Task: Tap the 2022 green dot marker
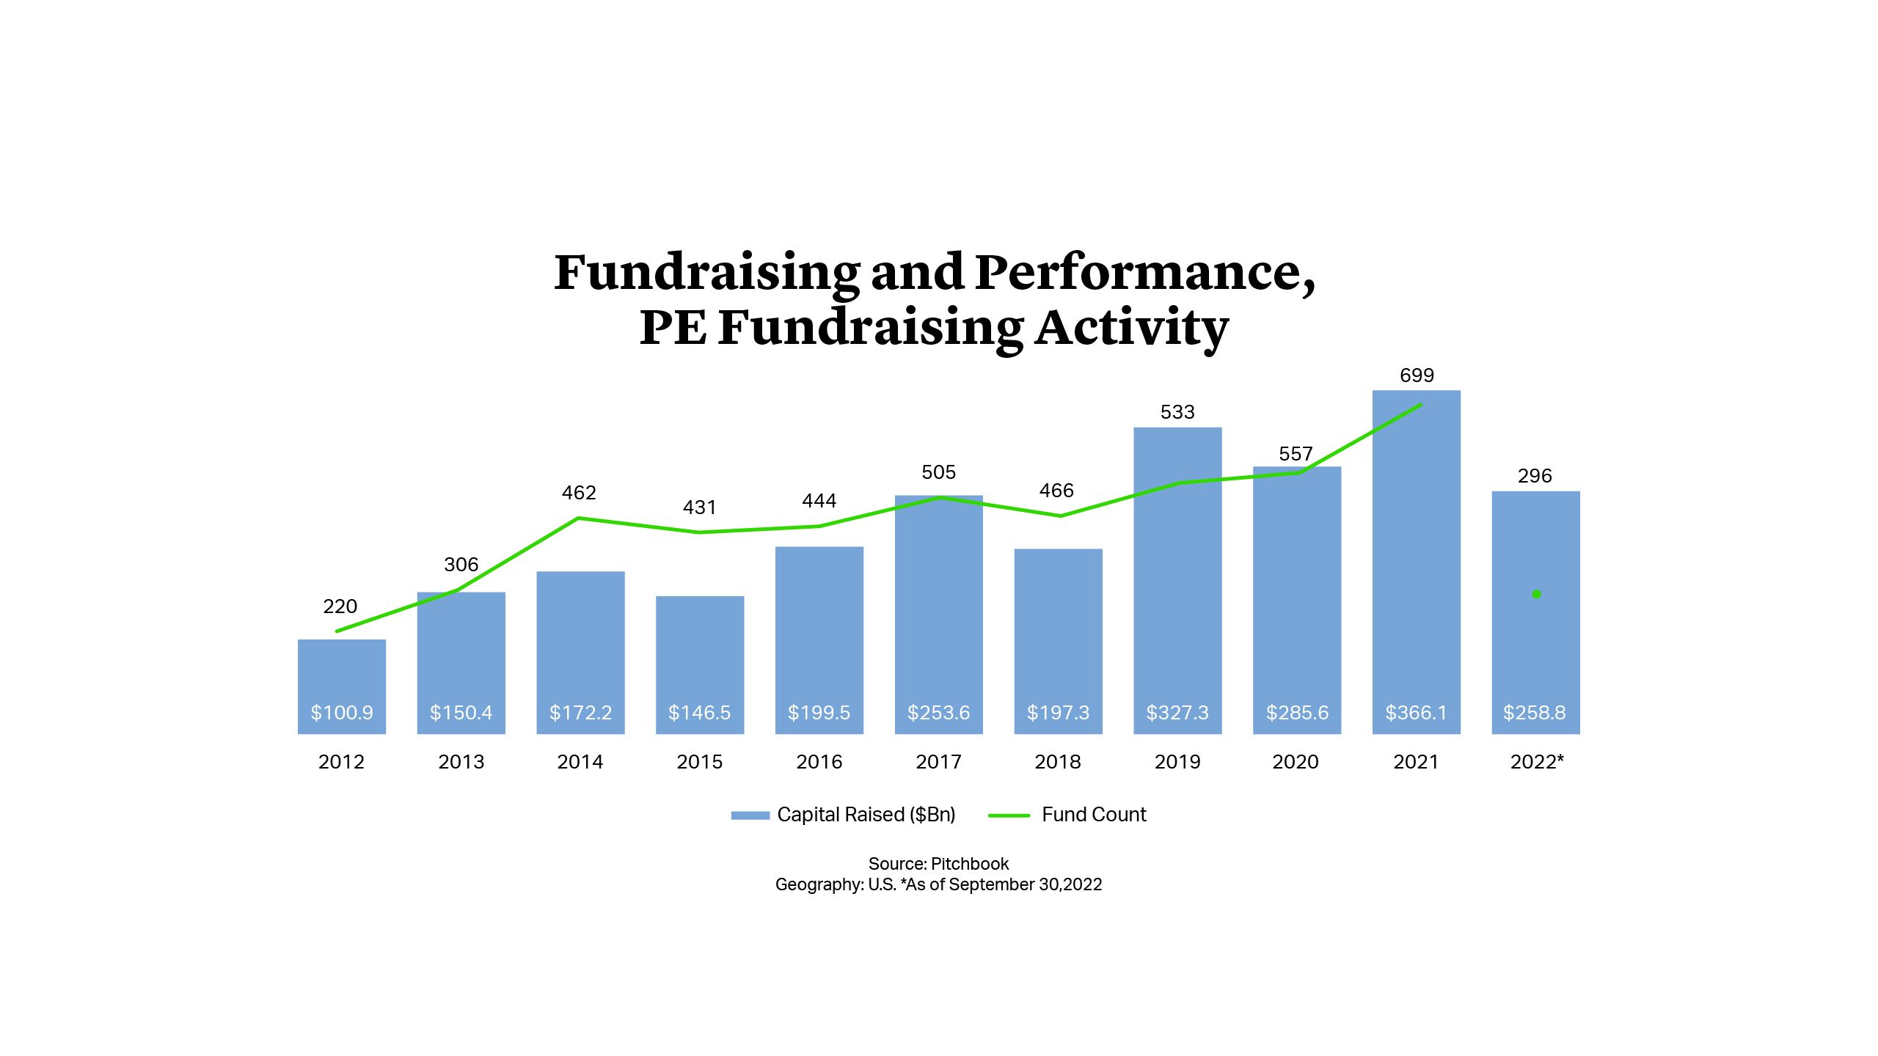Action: pos(1536,594)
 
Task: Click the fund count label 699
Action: pos(1417,375)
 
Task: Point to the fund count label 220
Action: pos(340,606)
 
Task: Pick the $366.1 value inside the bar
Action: pos(1416,713)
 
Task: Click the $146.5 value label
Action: pos(699,713)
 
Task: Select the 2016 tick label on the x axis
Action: pos(819,762)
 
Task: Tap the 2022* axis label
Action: pos(1536,762)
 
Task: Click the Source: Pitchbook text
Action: pos(938,864)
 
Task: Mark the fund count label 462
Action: pos(579,493)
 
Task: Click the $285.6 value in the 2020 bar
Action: pos(1297,713)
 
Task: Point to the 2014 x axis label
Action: pos(580,762)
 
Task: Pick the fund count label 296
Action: pos(1535,476)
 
